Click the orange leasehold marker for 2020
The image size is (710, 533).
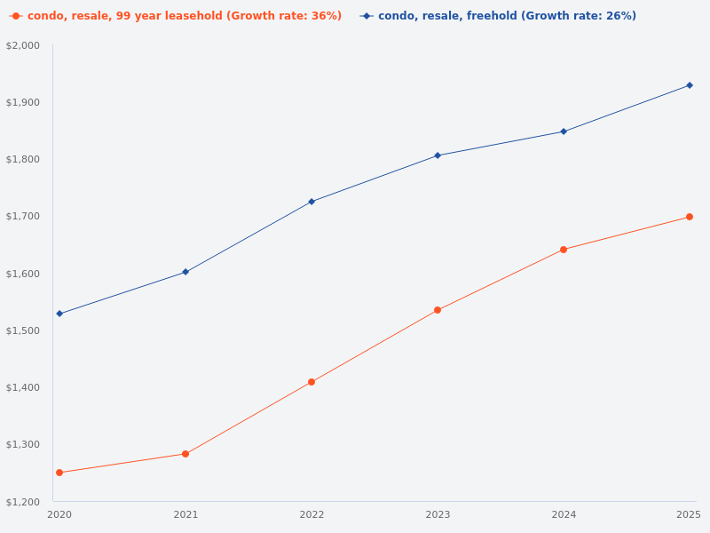59,473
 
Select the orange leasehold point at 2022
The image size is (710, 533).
312,382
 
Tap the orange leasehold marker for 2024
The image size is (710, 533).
564,250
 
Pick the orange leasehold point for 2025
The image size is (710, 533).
690,217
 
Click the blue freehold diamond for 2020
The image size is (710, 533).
59,314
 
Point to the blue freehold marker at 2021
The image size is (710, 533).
185,272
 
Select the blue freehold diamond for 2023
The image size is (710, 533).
438,155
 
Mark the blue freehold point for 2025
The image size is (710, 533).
690,85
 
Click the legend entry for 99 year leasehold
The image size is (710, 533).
184,16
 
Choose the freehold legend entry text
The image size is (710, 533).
507,16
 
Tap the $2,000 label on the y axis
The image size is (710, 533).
23,45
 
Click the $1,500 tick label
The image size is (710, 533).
23,330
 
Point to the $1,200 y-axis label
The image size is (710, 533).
23,502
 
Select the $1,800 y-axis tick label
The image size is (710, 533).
23,159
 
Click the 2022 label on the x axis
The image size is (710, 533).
312,515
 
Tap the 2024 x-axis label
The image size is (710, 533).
564,515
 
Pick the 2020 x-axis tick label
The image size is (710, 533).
59,515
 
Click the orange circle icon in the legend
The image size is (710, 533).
16,16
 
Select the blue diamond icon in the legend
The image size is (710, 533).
367,16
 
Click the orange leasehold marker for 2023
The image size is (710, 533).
438,310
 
